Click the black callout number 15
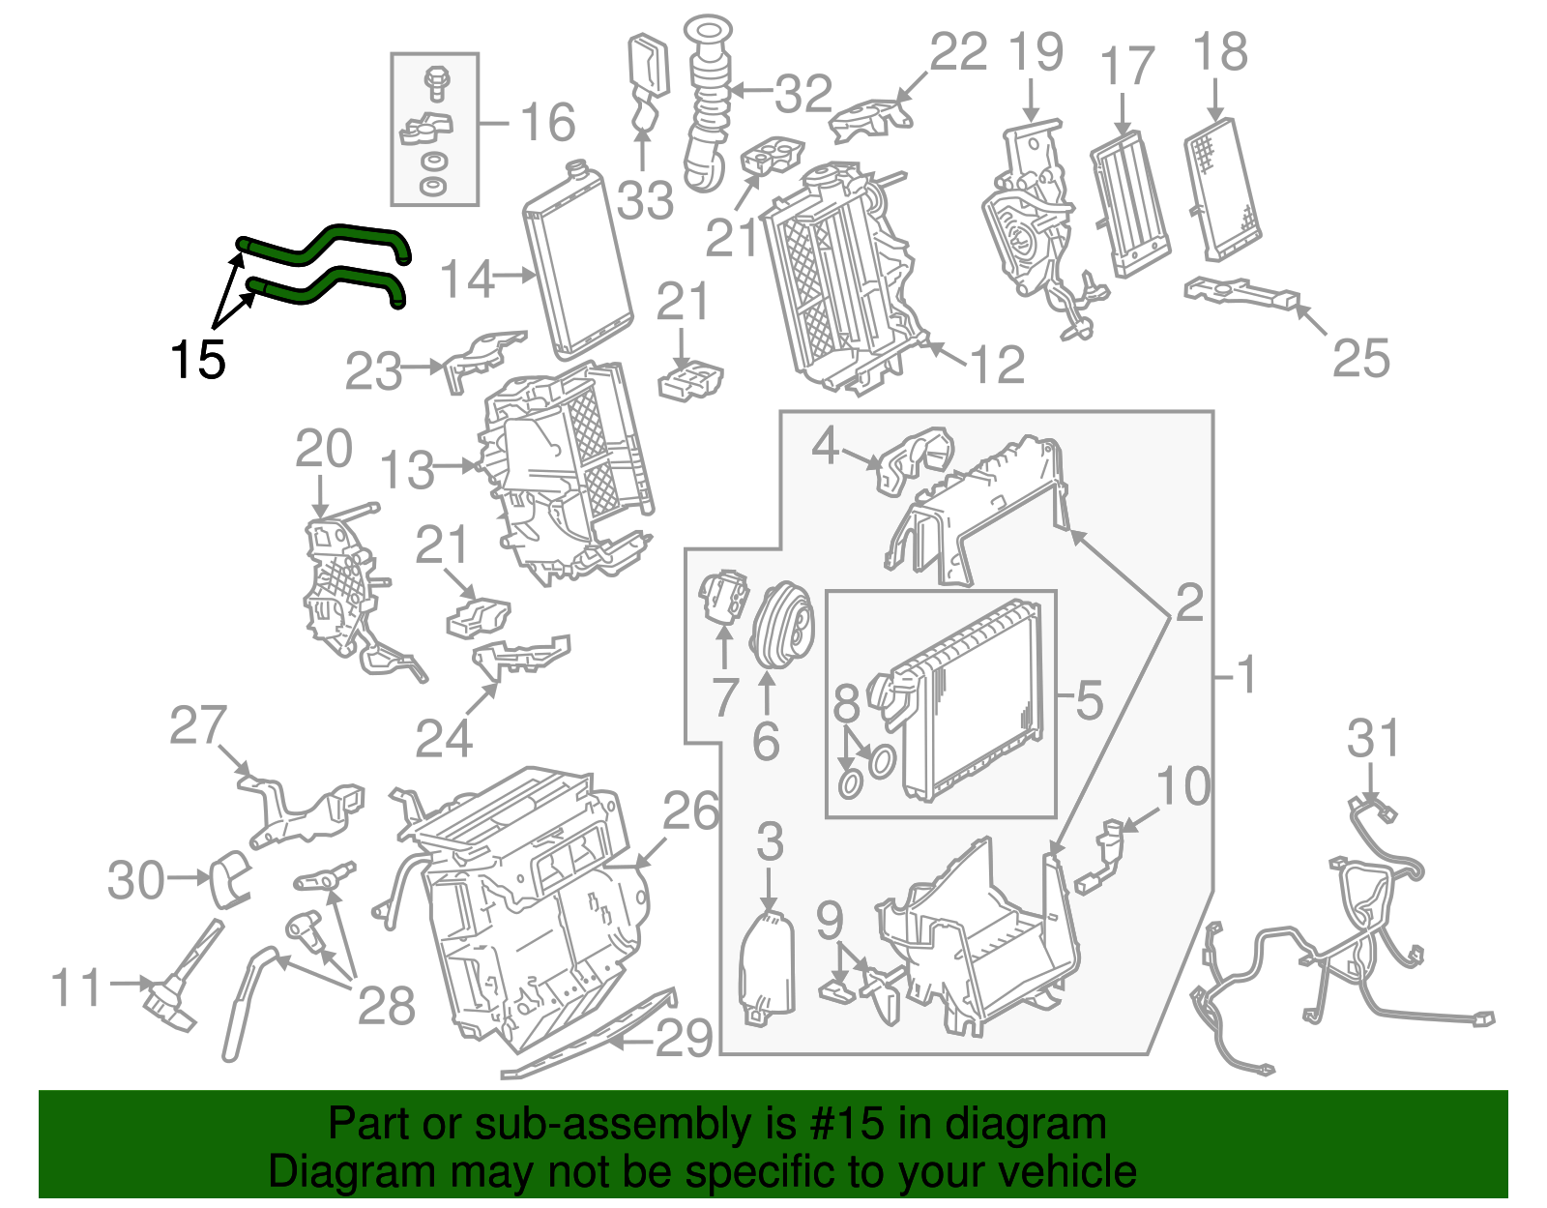click(x=197, y=360)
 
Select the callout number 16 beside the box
click(x=547, y=123)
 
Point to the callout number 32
click(x=803, y=94)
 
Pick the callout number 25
click(x=1360, y=358)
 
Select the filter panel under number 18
click(x=1223, y=190)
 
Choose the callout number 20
click(x=323, y=449)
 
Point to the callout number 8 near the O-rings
click(x=846, y=703)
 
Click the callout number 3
click(x=769, y=841)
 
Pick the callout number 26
click(x=690, y=810)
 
